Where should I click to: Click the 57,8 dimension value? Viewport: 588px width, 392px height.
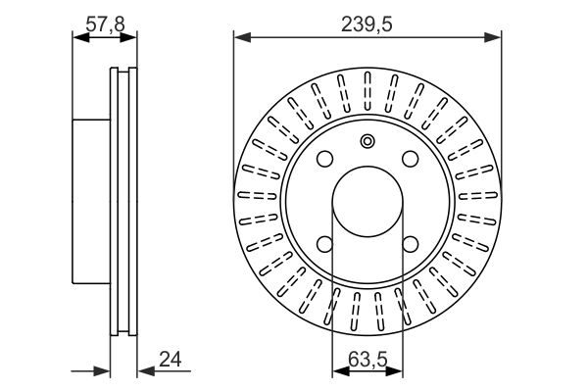[105, 24]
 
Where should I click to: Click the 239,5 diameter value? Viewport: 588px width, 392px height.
[367, 24]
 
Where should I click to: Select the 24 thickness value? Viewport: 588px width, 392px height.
[171, 360]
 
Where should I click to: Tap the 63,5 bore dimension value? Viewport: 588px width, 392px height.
[367, 360]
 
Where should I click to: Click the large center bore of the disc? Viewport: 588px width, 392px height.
[367, 202]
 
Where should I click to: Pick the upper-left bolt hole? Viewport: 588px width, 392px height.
[324, 159]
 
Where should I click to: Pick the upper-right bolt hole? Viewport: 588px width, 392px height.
[411, 159]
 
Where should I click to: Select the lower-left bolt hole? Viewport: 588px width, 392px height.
[324, 244]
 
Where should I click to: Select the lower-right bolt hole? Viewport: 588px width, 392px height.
[411, 244]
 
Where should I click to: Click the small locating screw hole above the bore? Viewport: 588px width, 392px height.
[367, 141]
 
